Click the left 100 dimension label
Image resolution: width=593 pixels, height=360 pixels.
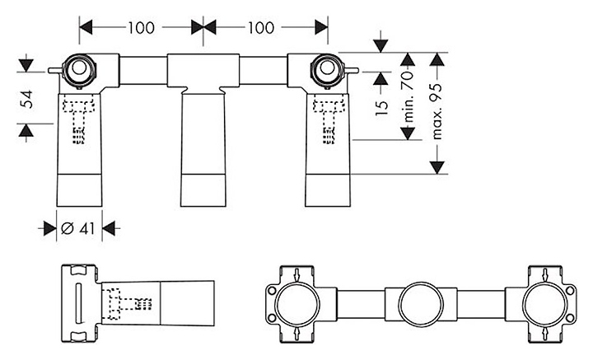tap(142, 26)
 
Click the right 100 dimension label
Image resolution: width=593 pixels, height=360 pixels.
tap(260, 26)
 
